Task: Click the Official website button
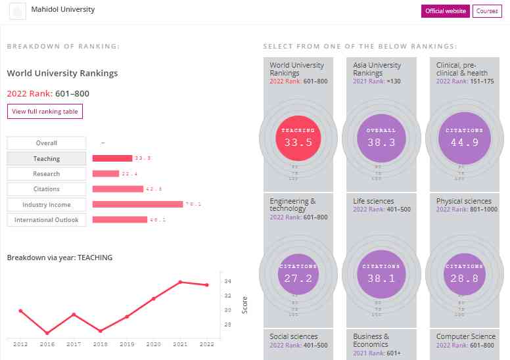pyautogui.click(x=446, y=11)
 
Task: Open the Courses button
pyautogui.click(x=487, y=11)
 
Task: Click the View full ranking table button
pyautogui.click(x=45, y=112)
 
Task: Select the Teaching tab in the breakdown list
pyautogui.click(x=46, y=158)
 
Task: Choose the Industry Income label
pyautogui.click(x=46, y=204)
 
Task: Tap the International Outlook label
pyautogui.click(x=46, y=220)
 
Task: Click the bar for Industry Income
pyautogui.click(x=137, y=204)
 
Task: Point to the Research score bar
pyautogui.click(x=106, y=173)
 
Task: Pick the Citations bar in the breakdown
pyautogui.click(x=118, y=189)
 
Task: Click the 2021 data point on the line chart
pyautogui.click(x=180, y=282)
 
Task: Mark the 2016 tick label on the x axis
pyautogui.click(x=47, y=344)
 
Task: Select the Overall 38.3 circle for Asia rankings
pyautogui.click(x=381, y=137)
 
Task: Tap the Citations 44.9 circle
pyautogui.click(x=464, y=137)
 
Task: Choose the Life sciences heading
pyautogui.click(x=373, y=201)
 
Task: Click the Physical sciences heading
pyautogui.click(x=463, y=201)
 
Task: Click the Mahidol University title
pyautogui.click(x=63, y=10)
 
